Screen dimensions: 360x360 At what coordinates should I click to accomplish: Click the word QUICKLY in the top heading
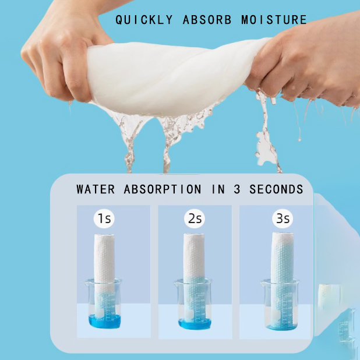click(x=144, y=20)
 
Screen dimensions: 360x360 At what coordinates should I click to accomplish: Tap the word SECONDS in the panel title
click(x=277, y=189)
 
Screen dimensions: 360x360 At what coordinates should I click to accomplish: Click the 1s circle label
click(x=104, y=219)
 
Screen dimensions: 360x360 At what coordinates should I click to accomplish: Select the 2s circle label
click(x=194, y=219)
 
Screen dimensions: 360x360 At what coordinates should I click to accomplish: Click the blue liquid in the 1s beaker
click(x=105, y=321)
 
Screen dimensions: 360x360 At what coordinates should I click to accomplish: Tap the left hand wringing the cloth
click(x=55, y=55)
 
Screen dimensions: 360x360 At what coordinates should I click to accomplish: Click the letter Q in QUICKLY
click(x=119, y=20)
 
